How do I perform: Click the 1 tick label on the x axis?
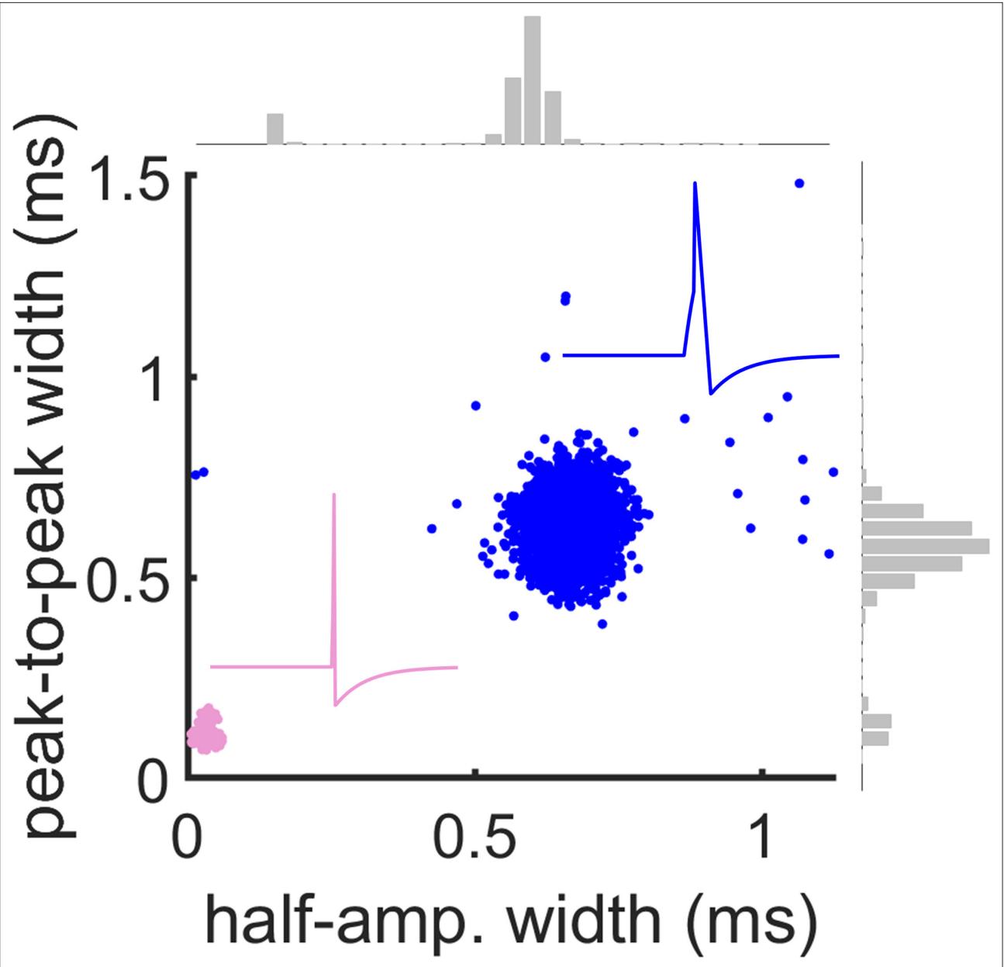(764, 834)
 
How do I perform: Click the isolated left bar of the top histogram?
(275, 129)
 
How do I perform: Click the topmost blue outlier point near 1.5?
(799, 183)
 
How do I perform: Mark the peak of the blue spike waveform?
(695, 184)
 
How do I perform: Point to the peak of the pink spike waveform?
(334, 495)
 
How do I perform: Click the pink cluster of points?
(206, 730)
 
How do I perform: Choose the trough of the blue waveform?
(711, 393)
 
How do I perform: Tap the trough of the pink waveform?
(336, 704)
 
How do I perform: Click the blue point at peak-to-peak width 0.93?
(475, 406)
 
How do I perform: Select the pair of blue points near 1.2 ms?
(565, 299)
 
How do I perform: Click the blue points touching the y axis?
(200, 473)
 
